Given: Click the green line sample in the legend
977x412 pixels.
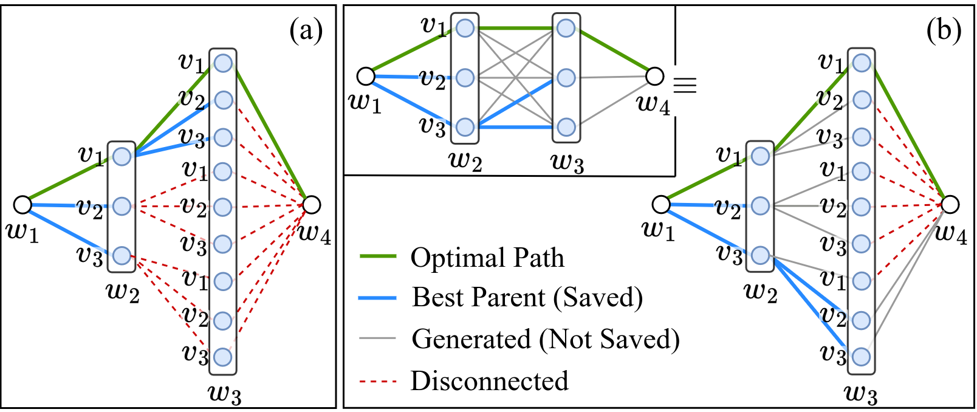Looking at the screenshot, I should [x=378, y=256].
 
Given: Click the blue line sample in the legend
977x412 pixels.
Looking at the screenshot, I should [x=378, y=298].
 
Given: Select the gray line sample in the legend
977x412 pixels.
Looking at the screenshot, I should [x=378, y=338].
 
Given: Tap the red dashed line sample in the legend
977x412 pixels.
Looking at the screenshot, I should [x=378, y=382].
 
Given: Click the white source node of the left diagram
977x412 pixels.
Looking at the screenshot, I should [x=22, y=205].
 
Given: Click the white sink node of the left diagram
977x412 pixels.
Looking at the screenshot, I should [x=311, y=205].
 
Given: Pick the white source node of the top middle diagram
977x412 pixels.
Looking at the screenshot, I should [x=366, y=76].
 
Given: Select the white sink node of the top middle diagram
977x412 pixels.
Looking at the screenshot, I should [x=654, y=76].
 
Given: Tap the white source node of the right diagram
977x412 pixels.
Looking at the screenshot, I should [x=661, y=204].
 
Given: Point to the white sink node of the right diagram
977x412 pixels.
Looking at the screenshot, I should [x=950, y=204].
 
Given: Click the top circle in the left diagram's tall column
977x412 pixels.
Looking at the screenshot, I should [x=223, y=63].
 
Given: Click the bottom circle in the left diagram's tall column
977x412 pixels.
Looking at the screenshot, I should [x=223, y=357].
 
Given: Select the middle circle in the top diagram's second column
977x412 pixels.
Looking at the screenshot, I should [x=566, y=78].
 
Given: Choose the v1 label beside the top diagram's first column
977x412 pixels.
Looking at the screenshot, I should [x=434, y=26].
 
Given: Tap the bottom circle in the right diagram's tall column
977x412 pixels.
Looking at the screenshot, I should [x=861, y=357].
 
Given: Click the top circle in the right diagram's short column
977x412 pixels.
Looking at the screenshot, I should [x=760, y=156].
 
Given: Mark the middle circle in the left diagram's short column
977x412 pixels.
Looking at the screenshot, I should [x=122, y=206].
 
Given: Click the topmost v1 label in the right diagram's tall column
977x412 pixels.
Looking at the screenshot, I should [x=831, y=62].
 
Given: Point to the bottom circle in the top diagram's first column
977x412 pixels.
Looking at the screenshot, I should [x=465, y=127].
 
